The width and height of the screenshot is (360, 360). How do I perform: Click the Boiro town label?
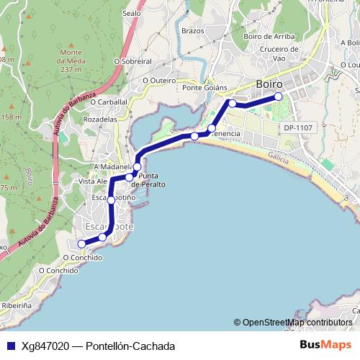[x=269, y=84]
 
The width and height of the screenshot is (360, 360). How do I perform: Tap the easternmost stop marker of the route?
[x=278, y=96]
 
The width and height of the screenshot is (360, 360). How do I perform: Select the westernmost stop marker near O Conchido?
[x=82, y=244]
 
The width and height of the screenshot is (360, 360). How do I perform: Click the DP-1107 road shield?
[x=297, y=127]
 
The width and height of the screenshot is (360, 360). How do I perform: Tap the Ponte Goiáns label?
[x=204, y=88]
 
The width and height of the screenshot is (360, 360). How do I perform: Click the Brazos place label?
[x=193, y=31]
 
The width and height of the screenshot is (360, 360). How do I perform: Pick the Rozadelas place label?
[x=100, y=119]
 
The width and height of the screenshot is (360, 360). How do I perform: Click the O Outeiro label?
[x=159, y=81]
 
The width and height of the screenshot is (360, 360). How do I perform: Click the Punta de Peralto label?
[x=151, y=180]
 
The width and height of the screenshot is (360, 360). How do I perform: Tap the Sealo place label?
[x=132, y=13]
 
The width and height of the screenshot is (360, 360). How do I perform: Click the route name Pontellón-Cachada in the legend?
[x=130, y=346]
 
